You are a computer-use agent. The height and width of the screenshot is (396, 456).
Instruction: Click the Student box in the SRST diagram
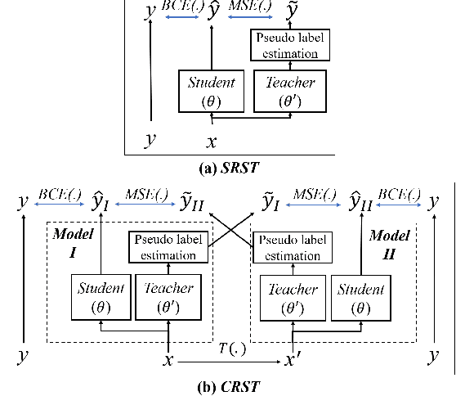(x=211, y=91)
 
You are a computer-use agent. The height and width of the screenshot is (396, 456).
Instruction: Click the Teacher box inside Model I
(x=168, y=297)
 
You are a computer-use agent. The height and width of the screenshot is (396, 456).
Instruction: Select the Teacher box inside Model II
(x=290, y=297)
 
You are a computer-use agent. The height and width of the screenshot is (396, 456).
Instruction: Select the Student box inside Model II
(x=360, y=297)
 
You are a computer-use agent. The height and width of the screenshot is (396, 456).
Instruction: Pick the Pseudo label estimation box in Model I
(x=168, y=247)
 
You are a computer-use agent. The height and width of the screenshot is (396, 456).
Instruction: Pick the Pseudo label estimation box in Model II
(x=292, y=247)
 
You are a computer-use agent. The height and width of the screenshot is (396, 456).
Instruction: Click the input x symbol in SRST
(x=212, y=141)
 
